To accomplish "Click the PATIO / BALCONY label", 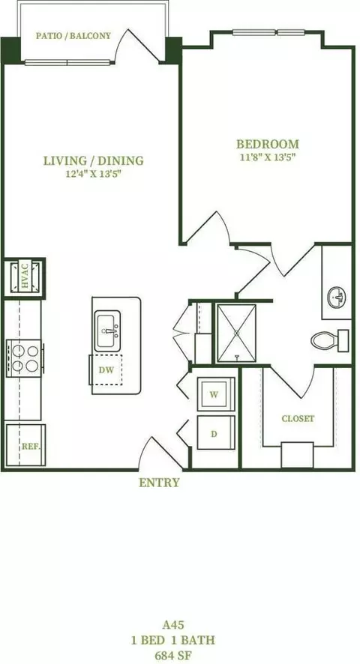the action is point(73,35).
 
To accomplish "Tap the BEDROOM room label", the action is point(268,144).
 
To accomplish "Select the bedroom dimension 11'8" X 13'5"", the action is point(267,158).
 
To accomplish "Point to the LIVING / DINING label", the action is point(93,160).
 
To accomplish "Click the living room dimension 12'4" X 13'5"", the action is point(93,175).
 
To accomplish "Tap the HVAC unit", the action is point(24,277).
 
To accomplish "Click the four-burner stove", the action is point(25,358).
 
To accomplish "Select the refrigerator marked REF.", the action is point(25,444).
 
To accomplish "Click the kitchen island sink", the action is point(107,331).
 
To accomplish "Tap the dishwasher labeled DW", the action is point(106,369).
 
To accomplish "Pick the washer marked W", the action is point(216,394).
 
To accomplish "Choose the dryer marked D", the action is point(216,432).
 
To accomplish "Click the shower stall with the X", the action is point(236,333).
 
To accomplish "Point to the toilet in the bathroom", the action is point(330,340).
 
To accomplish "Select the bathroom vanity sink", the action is point(336,298).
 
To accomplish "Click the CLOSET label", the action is point(298,419).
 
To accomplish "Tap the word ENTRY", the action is point(159,483).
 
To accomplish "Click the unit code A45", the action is point(173,624).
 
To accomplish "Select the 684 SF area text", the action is point(173,656).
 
